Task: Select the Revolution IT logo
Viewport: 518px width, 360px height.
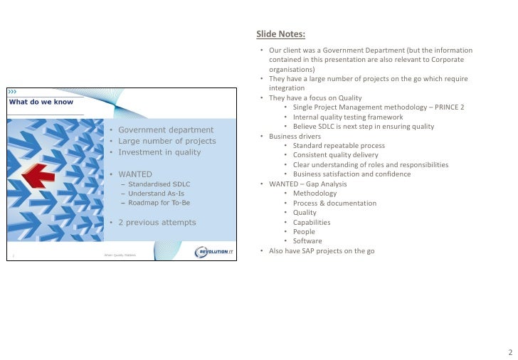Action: tap(213, 252)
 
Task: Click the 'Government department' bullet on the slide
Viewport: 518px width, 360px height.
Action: tap(165, 129)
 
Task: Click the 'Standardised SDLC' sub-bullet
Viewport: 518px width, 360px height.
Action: tap(159, 184)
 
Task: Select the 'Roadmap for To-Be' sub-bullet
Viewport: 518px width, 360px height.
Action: tap(159, 203)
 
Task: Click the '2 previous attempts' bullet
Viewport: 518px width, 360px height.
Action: tap(157, 222)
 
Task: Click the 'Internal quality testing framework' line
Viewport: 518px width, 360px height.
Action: tap(347, 117)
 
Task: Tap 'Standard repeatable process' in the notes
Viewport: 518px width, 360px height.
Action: tap(339, 146)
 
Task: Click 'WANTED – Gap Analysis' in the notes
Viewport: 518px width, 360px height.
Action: tap(307, 184)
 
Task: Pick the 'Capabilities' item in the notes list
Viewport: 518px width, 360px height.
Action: tap(312, 222)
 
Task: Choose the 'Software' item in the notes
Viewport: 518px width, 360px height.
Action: tap(307, 241)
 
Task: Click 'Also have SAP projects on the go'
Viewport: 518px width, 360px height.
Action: tap(322, 251)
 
